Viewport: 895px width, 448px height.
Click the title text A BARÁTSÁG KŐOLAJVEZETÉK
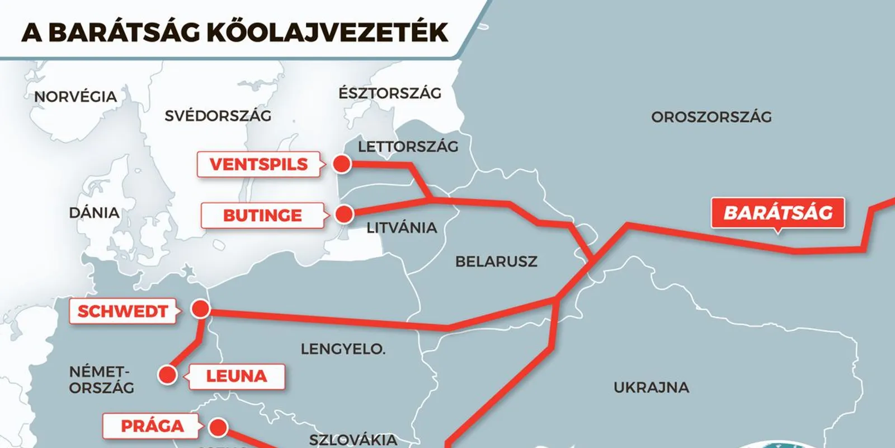click(x=235, y=32)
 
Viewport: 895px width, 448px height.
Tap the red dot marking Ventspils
click(x=342, y=164)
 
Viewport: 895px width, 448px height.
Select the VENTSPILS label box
click(x=258, y=164)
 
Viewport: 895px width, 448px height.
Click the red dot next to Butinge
click(x=345, y=214)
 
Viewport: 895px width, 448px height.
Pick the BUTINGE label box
click(x=262, y=215)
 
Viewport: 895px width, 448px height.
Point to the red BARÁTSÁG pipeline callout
click(x=778, y=213)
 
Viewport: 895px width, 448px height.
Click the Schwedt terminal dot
click(x=200, y=309)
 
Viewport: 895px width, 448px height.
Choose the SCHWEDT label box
click(x=123, y=311)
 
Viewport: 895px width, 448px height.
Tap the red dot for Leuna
click(x=167, y=375)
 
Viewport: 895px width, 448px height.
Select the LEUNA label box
click(x=236, y=376)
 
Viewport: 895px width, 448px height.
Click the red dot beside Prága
click(x=218, y=428)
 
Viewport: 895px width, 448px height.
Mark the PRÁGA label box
click(x=152, y=426)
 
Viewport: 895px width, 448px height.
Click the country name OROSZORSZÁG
click(x=711, y=117)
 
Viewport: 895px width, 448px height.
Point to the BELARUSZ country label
click(x=496, y=262)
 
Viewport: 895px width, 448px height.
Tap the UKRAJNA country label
click(x=651, y=388)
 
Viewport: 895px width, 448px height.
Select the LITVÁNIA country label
click(x=402, y=228)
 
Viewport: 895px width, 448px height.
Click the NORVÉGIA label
click(x=76, y=97)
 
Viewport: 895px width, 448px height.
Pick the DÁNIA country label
click(x=94, y=213)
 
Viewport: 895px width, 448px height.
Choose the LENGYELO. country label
click(x=343, y=349)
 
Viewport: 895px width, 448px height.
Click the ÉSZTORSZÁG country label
click(x=390, y=93)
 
